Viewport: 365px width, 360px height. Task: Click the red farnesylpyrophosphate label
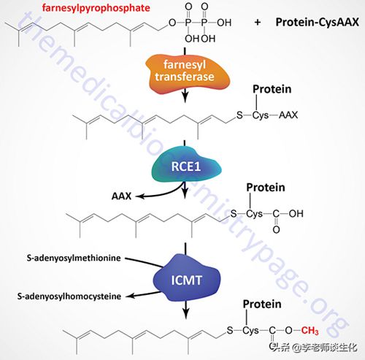coord(96,8)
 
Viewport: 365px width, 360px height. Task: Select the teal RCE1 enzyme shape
coord(186,164)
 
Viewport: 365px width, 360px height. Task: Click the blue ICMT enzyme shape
coord(187,277)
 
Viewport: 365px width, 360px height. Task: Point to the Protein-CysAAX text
coord(317,22)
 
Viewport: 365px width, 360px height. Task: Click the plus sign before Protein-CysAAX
coord(258,23)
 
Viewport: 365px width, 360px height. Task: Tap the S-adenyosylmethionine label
coord(74,258)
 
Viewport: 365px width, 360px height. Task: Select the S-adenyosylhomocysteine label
coord(69,296)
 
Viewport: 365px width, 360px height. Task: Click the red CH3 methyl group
coord(310,331)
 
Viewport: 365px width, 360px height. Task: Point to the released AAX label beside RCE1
coord(121,196)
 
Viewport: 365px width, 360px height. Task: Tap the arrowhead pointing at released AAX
coord(139,196)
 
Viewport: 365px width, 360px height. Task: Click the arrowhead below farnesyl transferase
coord(185,97)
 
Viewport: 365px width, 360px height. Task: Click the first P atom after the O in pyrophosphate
coord(188,23)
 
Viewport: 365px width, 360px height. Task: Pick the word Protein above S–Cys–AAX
coord(272,89)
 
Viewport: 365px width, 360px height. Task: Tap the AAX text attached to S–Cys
coord(288,115)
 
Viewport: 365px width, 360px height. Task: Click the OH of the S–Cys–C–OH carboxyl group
coord(296,213)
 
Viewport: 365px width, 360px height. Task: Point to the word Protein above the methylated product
coord(262,304)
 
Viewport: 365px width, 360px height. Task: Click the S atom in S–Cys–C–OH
coord(234,213)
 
